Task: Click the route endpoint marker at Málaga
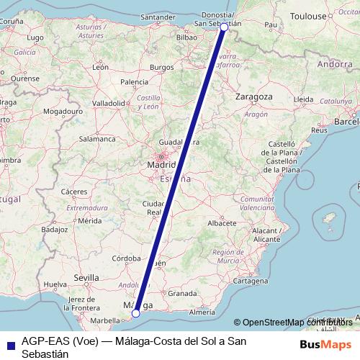click(x=135, y=313)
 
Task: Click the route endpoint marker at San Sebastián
click(x=224, y=27)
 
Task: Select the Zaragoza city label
click(x=254, y=96)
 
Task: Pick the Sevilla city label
click(x=86, y=277)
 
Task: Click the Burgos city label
click(x=162, y=68)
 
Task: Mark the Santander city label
click(x=159, y=17)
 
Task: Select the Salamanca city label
click(x=97, y=138)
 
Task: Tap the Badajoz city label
click(x=54, y=230)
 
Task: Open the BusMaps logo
click(x=326, y=343)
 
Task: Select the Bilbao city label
click(x=186, y=34)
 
